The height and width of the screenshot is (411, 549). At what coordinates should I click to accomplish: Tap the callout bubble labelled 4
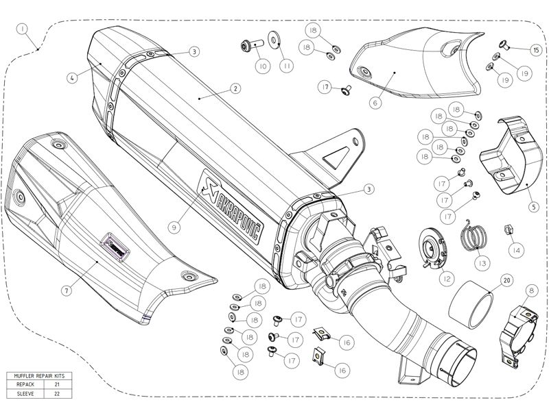(71, 77)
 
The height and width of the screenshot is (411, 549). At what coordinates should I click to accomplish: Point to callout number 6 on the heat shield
(375, 103)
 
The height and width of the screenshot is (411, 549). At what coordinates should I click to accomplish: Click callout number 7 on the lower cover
(67, 290)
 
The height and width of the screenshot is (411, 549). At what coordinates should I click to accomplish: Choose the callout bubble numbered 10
(262, 66)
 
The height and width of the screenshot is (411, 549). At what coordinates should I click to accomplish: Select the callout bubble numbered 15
(536, 49)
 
